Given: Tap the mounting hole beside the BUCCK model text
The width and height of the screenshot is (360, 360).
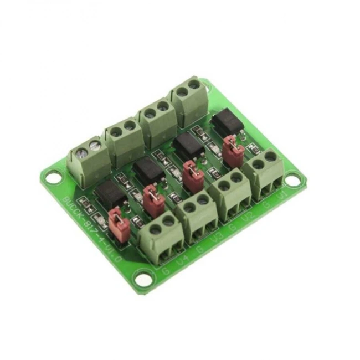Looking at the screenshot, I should (x=53, y=178).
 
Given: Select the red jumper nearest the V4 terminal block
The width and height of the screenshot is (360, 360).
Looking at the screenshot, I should (x=118, y=223).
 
